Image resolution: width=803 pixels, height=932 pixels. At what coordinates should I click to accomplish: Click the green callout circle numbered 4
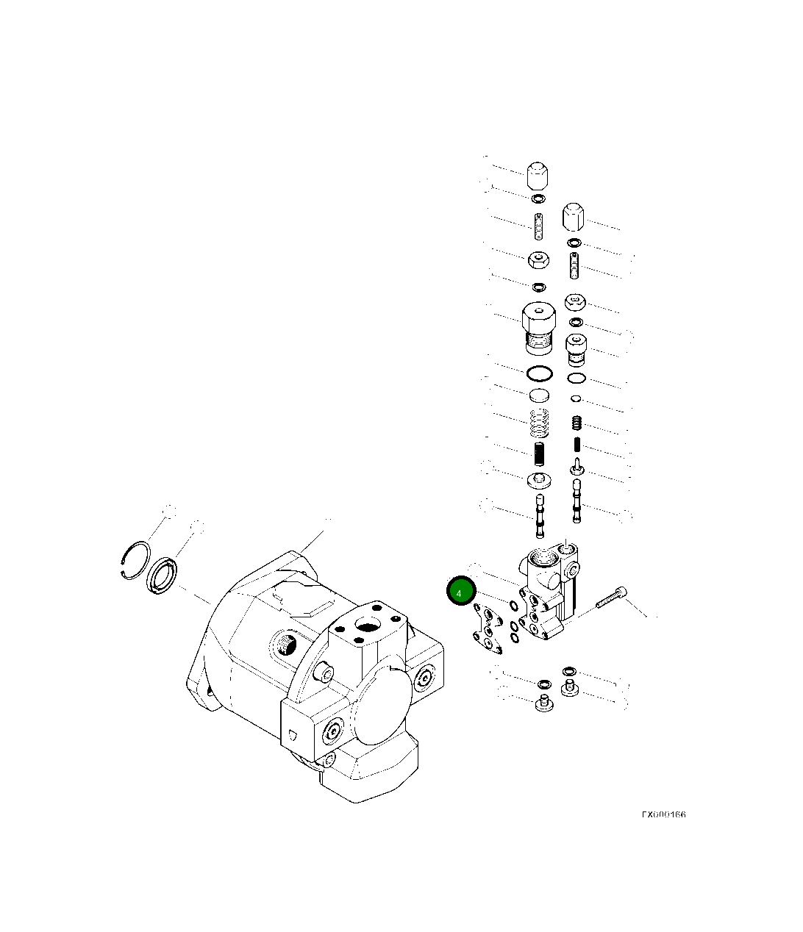coord(461,592)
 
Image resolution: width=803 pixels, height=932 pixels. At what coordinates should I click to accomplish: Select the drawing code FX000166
coord(663,815)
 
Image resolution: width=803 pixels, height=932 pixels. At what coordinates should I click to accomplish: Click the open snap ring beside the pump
coord(135,560)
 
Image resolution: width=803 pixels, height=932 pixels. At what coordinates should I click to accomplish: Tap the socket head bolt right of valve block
coord(612,596)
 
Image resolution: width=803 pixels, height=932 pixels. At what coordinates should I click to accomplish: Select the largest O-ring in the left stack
coord(540,373)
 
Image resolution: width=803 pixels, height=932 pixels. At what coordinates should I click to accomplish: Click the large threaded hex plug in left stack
coord(539,328)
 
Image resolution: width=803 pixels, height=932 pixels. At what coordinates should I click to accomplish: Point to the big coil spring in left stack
coord(540,423)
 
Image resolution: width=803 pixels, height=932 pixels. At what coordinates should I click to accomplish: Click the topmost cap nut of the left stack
coord(538,176)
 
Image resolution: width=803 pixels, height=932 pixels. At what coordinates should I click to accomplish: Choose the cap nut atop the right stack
coord(574,217)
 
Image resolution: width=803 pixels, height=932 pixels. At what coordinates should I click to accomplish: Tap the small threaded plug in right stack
coord(575,351)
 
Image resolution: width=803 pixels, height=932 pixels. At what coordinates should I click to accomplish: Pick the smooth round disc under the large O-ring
coord(540,396)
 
